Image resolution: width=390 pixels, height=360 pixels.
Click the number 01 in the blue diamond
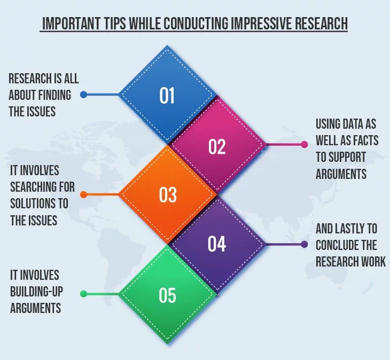point(167,96)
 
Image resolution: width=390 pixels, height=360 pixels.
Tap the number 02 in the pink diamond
point(217,146)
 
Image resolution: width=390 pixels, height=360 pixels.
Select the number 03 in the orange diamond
point(168,195)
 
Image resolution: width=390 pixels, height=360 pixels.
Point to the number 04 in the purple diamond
point(217,244)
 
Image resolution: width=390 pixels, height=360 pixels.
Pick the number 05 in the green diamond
point(168,294)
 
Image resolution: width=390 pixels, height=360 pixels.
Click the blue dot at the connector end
point(83,95)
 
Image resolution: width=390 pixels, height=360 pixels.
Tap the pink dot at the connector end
point(305,144)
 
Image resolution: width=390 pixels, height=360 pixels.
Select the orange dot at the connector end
point(83,194)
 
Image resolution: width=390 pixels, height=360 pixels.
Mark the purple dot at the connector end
point(305,245)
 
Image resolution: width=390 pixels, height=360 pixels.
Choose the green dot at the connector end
point(83,294)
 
